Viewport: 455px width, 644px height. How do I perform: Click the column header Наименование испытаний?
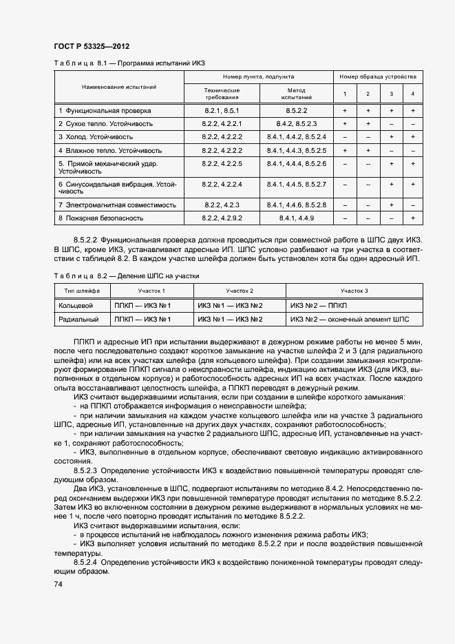pos(119,87)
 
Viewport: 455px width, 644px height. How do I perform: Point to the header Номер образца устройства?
pos(378,77)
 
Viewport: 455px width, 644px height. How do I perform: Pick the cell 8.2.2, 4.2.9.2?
pos(222,218)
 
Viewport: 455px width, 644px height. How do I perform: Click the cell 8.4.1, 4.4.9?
pos(297,218)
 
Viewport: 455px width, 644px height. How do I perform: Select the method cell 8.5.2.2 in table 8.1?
pos(297,110)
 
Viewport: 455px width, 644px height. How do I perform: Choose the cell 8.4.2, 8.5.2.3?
pos(297,124)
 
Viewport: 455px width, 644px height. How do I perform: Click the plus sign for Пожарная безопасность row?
pos(412,218)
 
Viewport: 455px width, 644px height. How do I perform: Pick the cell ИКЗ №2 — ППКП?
pos(319,306)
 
